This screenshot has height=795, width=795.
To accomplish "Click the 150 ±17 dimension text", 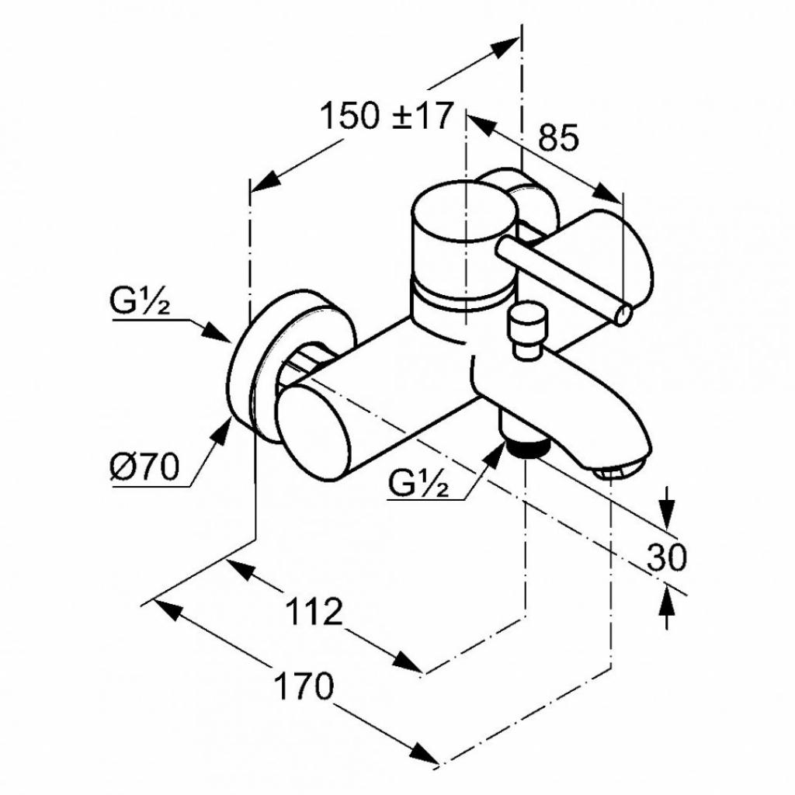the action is coord(385,116).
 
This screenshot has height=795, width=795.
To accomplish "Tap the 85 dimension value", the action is coord(558,137).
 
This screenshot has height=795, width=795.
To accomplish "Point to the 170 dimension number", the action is coord(304,686).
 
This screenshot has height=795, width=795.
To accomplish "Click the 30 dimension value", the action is coord(666,557).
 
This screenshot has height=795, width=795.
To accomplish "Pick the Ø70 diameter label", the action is coord(144,467).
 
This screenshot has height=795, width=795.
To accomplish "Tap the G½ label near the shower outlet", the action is coord(418,483).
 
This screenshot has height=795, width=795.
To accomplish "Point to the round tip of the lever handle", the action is coord(623,314).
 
